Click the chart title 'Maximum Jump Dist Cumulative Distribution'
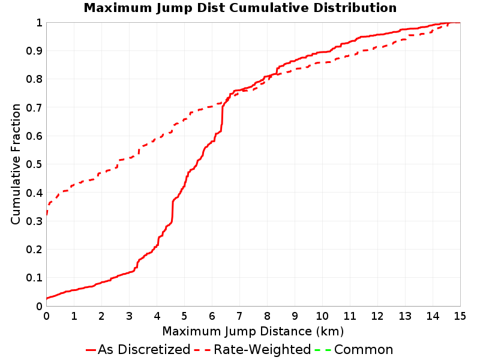(x=240, y=8)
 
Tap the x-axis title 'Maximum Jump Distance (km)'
(x=253, y=331)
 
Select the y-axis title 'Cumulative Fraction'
(x=16, y=164)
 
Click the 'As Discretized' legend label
(x=144, y=350)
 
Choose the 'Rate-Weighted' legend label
(x=262, y=350)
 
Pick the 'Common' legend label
(x=364, y=350)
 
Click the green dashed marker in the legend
(x=323, y=350)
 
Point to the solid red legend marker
(x=91, y=350)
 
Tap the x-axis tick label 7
(x=239, y=316)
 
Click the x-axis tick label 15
(x=460, y=316)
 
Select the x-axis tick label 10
(x=322, y=316)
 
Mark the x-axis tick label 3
(x=129, y=316)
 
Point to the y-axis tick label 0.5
(x=34, y=164)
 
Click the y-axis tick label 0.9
(x=34, y=50)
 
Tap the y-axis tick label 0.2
(x=34, y=249)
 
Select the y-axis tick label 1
(x=39, y=22)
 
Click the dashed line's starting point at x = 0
(x=47, y=215)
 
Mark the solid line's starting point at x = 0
(x=47, y=298)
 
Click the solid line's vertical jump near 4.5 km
(x=173, y=211)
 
